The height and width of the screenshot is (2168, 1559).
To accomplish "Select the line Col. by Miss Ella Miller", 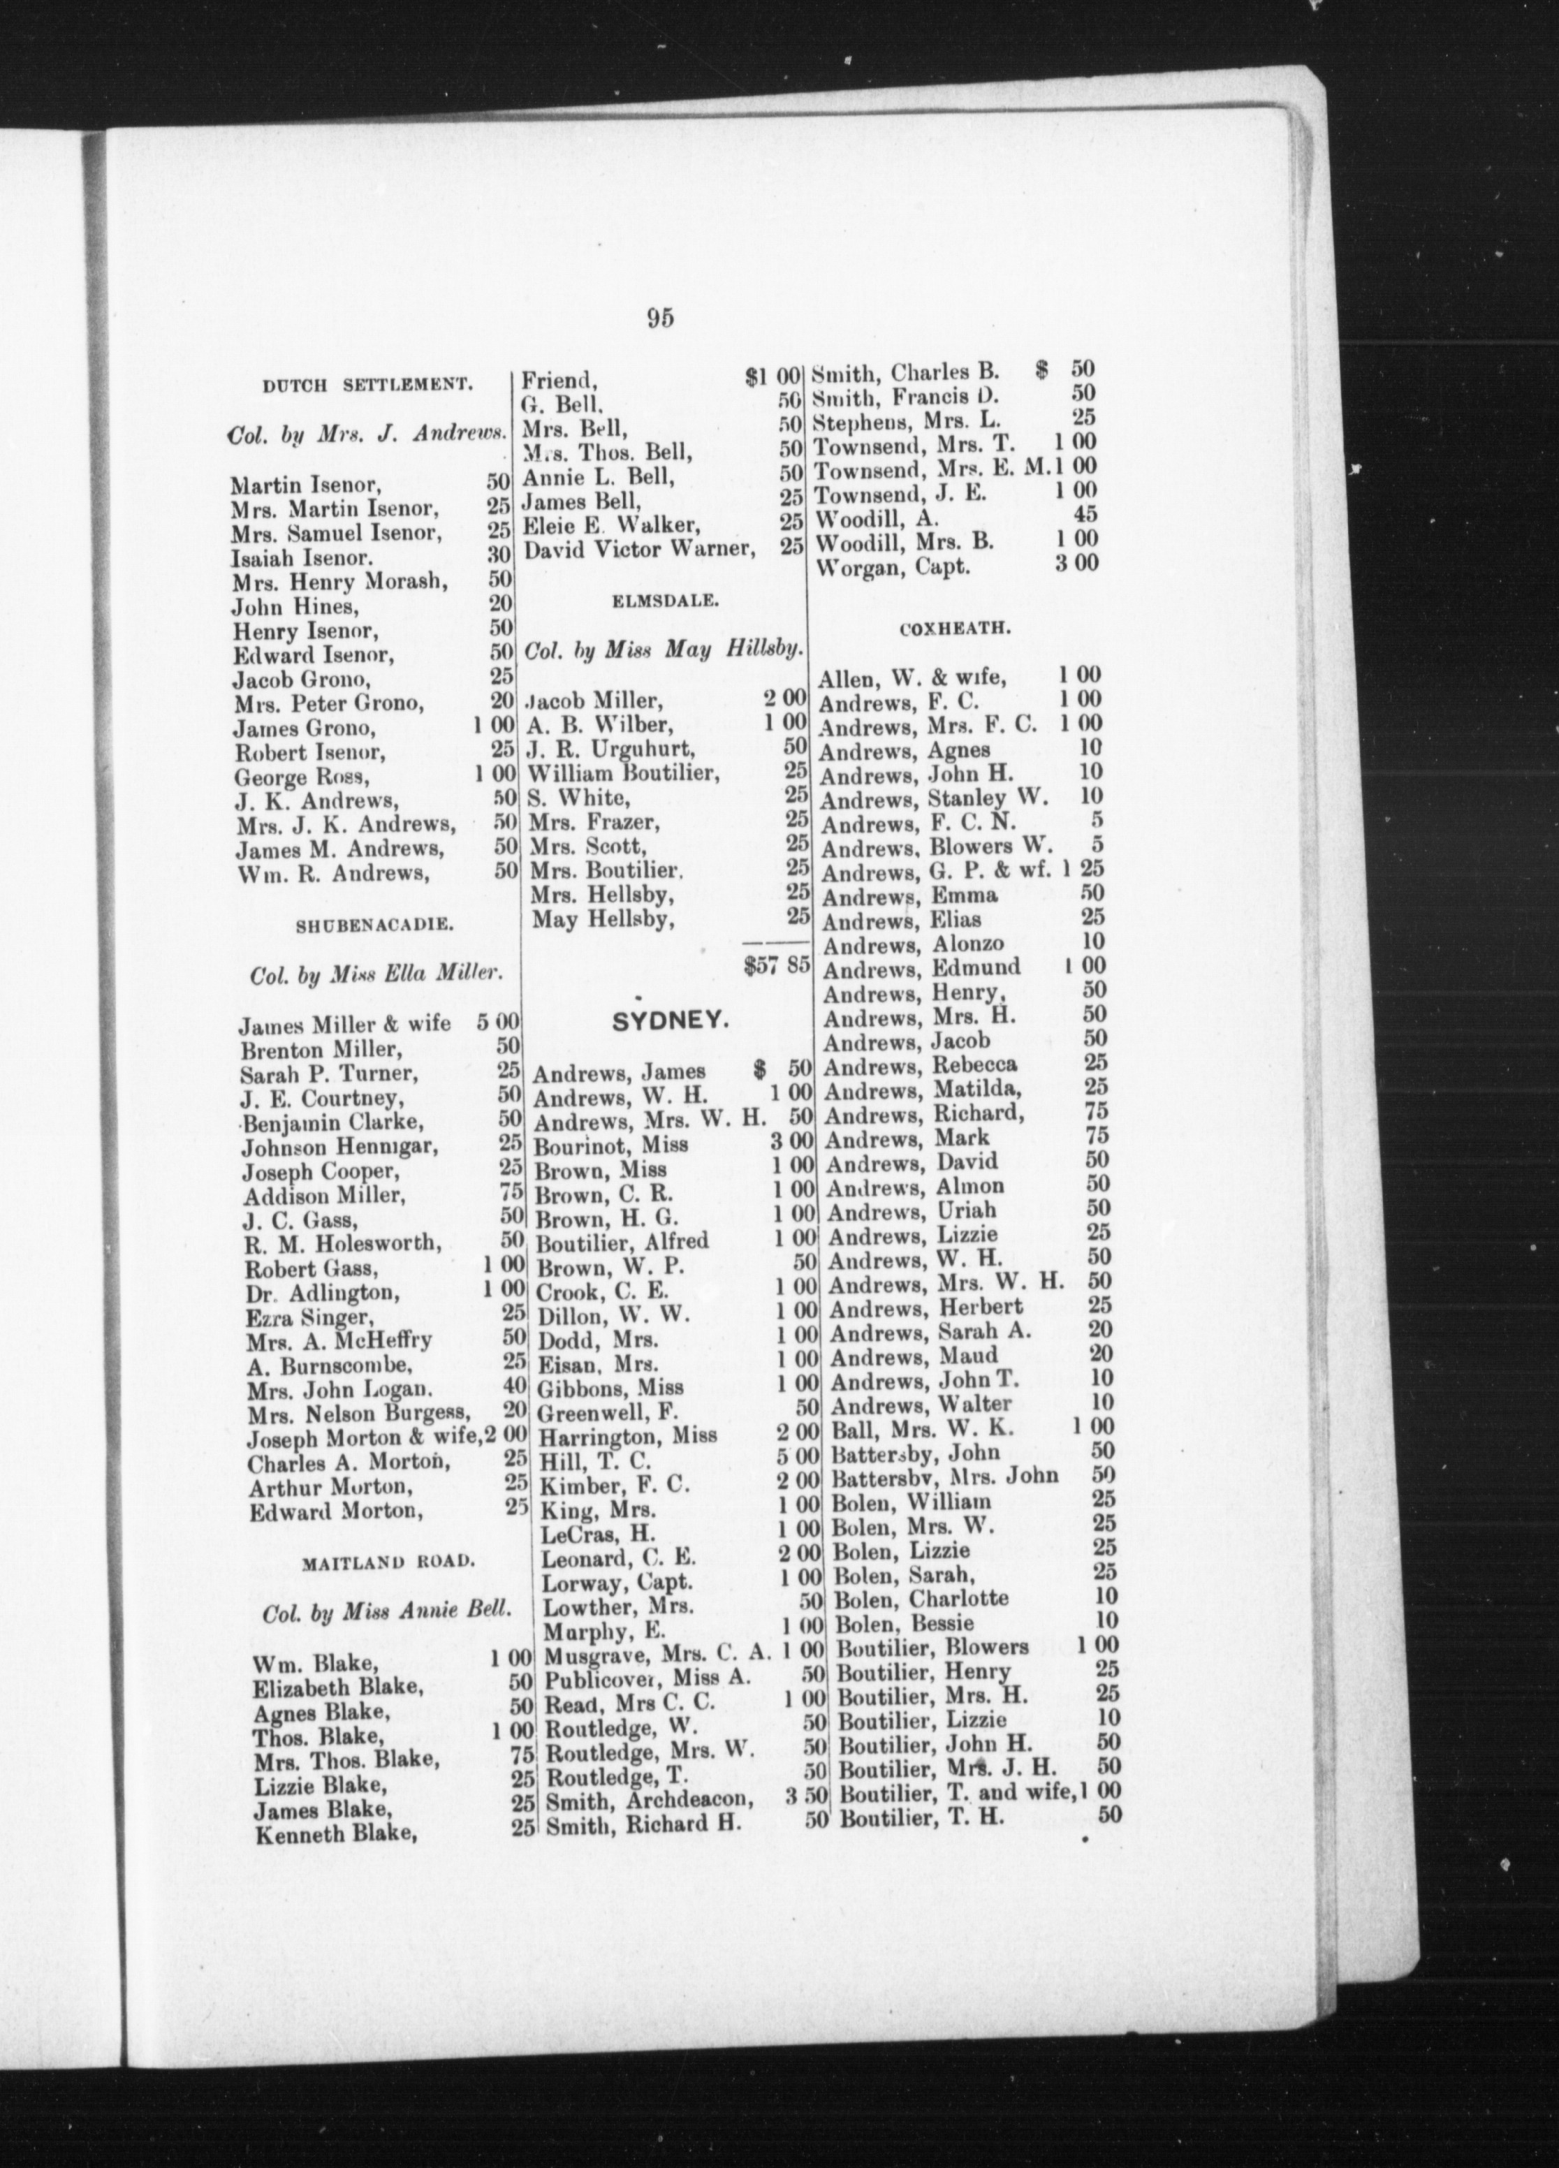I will pyautogui.click(x=376, y=974).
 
